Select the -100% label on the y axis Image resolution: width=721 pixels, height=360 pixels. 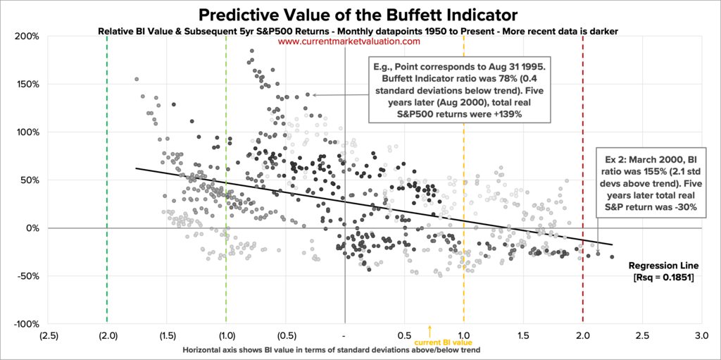pos(27,324)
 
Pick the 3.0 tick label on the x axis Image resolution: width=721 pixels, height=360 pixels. pos(701,336)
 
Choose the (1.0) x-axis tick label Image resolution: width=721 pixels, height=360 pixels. pos(226,336)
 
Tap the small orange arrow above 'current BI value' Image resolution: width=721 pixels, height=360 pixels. pos(430,330)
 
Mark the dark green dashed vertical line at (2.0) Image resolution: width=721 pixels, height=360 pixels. pos(107,176)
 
